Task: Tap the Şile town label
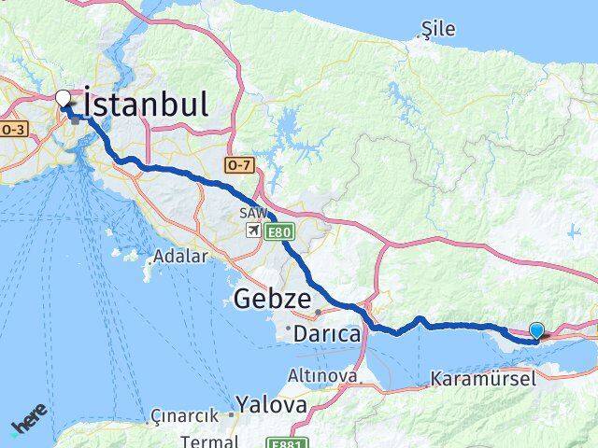click(x=438, y=29)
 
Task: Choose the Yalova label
click(x=271, y=404)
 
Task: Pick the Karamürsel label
click(x=484, y=379)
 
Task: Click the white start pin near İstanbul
click(x=64, y=98)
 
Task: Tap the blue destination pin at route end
click(x=536, y=330)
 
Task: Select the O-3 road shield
click(x=13, y=129)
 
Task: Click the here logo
click(x=28, y=426)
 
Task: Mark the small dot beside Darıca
click(x=289, y=328)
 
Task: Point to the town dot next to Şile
click(x=418, y=37)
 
